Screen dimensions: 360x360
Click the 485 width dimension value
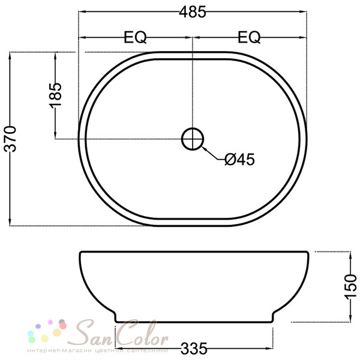[193, 11]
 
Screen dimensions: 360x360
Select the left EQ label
[135, 37]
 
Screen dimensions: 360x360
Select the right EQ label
[249, 37]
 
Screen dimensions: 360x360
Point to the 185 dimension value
[55, 95]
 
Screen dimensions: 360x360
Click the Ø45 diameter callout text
[239, 159]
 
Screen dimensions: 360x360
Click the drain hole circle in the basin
[193, 139]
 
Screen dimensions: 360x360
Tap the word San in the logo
[96, 333]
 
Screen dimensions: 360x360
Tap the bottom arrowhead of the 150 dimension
[350, 318]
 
